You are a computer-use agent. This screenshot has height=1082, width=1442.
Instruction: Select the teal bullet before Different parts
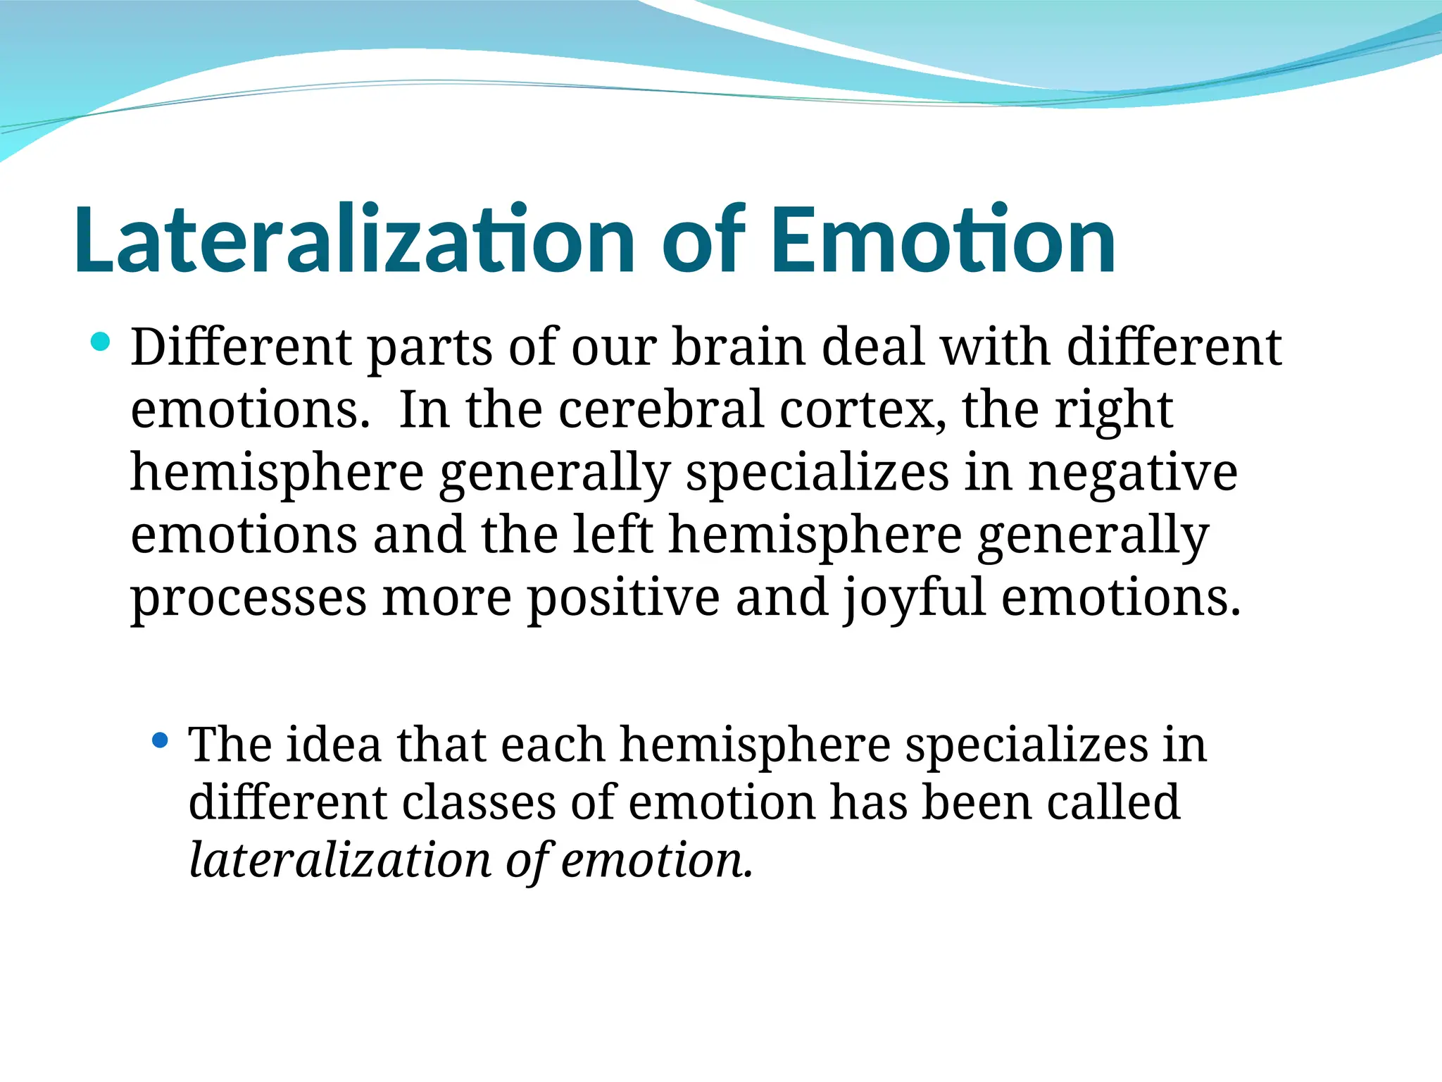(x=101, y=342)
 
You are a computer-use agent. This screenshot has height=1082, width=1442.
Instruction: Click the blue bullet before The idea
(x=161, y=740)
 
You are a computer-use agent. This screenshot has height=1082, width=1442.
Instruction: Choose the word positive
(x=623, y=597)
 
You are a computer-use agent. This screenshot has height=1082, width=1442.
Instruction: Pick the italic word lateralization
(x=340, y=860)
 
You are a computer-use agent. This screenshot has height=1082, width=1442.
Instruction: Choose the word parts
(x=430, y=349)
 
